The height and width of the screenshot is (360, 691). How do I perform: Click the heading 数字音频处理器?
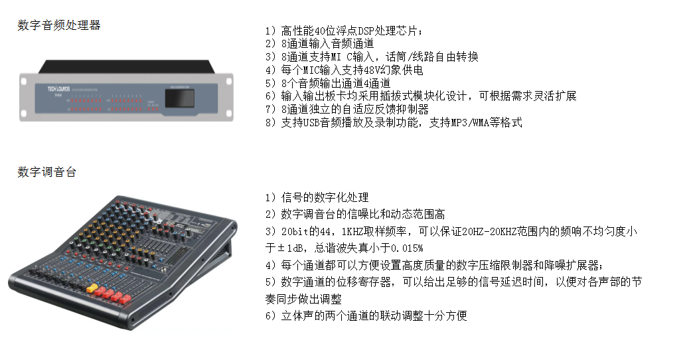click(59, 25)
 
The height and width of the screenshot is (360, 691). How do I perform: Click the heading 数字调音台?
click(47, 171)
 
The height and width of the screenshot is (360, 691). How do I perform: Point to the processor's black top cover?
click(127, 66)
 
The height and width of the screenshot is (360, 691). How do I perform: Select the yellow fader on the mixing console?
click(92, 288)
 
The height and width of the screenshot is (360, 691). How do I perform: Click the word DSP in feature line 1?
click(366, 31)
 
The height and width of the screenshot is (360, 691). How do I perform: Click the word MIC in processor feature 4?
click(311, 70)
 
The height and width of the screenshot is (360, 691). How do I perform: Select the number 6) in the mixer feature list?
click(271, 316)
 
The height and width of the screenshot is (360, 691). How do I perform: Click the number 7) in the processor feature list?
click(271, 110)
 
